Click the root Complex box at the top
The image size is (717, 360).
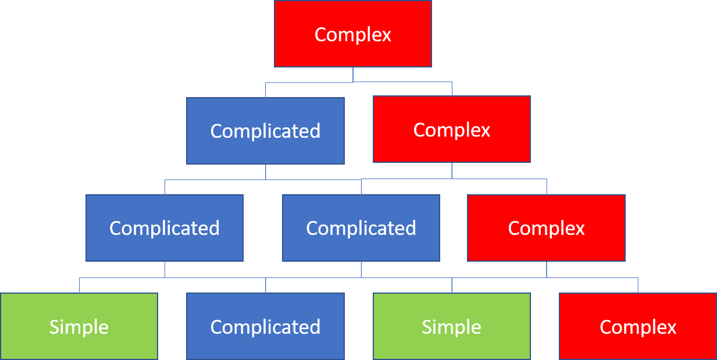[353, 34]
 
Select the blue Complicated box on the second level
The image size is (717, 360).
[265, 130]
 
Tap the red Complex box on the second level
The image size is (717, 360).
[452, 129]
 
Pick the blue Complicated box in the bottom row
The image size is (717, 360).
[265, 326]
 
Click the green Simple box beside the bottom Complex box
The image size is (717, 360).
[452, 326]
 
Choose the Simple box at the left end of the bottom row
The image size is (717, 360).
[79, 326]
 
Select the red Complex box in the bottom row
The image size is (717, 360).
[638, 326]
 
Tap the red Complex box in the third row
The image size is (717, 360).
[546, 227]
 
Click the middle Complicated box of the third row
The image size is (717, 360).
[361, 227]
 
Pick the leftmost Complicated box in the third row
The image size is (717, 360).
[165, 227]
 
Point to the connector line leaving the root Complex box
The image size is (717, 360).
[353, 74]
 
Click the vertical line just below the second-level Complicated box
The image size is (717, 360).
[266, 172]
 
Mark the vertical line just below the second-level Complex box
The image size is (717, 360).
[452, 170]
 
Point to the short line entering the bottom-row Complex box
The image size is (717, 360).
[638, 286]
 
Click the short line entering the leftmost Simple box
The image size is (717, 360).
[79, 286]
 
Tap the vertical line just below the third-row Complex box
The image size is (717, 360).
[546, 269]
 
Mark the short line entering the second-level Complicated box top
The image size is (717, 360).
[266, 90]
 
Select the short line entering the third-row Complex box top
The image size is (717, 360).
[546, 187]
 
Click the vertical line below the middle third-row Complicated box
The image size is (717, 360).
[361, 269]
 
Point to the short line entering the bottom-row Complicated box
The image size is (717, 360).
[266, 286]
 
